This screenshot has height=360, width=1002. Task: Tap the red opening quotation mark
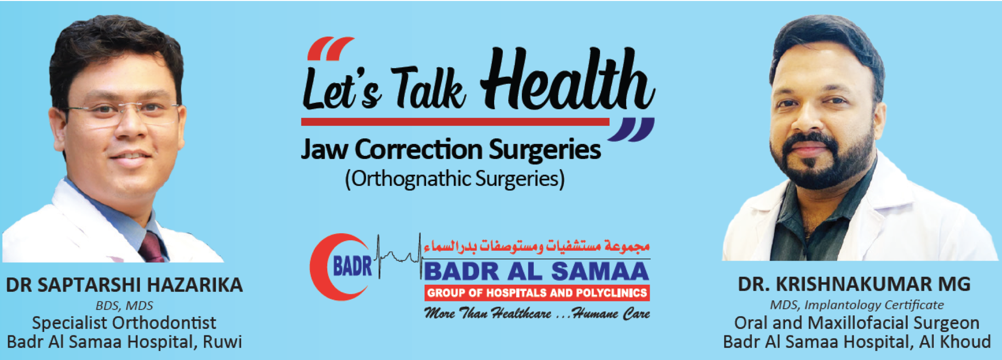[330, 49]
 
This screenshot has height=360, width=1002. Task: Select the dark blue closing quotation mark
[631, 130]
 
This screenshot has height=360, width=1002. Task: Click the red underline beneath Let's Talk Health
[455, 122]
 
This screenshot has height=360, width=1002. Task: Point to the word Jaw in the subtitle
[324, 149]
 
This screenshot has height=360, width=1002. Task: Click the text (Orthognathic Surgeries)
[455, 179]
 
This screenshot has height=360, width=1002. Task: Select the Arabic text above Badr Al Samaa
[536, 246]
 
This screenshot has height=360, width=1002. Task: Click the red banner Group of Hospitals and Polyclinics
[537, 293]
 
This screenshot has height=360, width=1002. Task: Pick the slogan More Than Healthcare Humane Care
[537, 314]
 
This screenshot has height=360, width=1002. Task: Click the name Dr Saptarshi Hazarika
[124, 285]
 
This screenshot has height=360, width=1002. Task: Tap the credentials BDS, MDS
[124, 305]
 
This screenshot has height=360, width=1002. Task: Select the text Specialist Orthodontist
[124, 323]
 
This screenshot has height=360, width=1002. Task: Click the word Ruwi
[222, 342]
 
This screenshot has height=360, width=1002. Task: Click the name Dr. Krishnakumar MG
[854, 284]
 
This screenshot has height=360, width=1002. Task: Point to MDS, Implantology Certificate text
[857, 305]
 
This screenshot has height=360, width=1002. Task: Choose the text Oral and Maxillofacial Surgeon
[857, 323]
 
